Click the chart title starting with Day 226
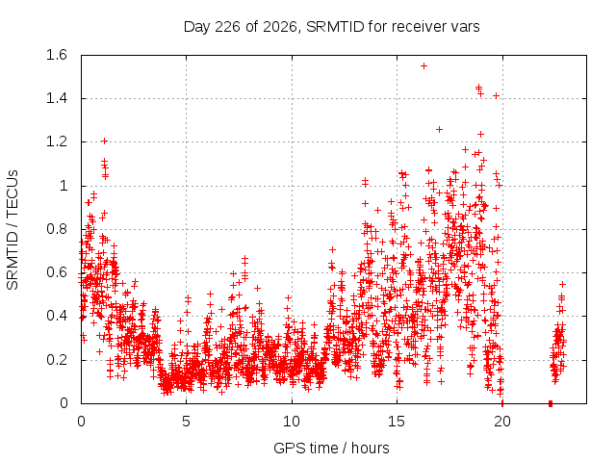pos(331,27)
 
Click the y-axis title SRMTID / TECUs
pos(13,230)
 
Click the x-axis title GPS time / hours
pos(331,448)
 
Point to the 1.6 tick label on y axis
pos(57,55)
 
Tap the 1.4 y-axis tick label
pos(57,98)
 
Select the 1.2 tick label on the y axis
pos(57,141)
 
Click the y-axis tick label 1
pos(64,186)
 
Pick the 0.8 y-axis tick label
pos(57,229)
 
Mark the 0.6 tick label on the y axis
pos(57,272)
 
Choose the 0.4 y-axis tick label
pos(57,317)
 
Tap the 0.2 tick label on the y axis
pos(57,360)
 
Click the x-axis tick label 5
pos(186,422)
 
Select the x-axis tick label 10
pos(292,422)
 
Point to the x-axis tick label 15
pos(397,422)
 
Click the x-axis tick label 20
pos(502,422)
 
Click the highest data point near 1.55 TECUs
pos(423,66)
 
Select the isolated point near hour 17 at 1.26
pos(440,129)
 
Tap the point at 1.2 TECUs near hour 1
pos(104,141)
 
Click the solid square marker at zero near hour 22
pos(551,403)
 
